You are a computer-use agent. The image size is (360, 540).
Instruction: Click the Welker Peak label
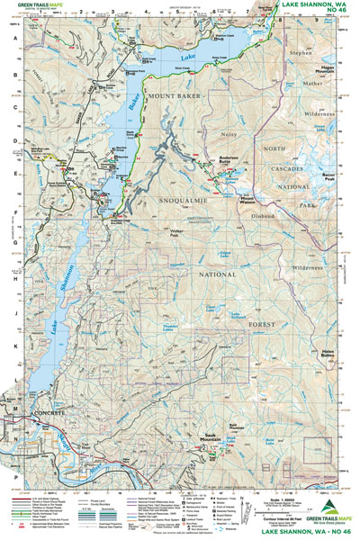[x=157, y=230]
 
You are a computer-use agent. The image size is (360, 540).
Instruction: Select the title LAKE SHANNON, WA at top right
[x=310, y=5]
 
